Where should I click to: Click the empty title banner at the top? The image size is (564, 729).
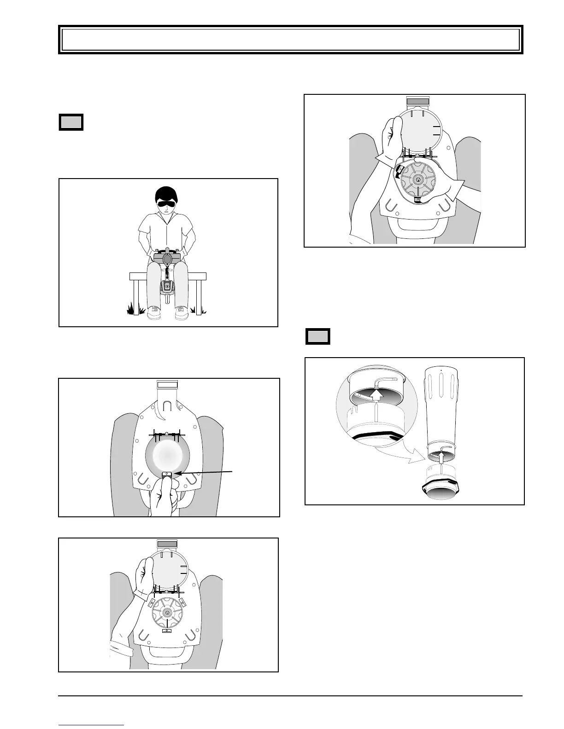coord(290,40)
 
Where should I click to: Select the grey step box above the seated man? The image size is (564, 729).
coord(71,122)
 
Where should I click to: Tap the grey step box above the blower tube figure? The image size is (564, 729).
coord(317,336)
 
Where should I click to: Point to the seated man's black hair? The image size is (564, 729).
coord(167,192)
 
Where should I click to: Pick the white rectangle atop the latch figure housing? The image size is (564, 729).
coord(167,385)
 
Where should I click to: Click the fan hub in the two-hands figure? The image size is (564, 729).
coord(417,179)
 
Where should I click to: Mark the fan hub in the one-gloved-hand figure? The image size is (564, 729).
coord(167,612)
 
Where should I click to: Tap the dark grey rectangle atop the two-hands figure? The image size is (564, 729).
coord(417,100)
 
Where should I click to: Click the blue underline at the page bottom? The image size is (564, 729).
coord(91,724)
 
